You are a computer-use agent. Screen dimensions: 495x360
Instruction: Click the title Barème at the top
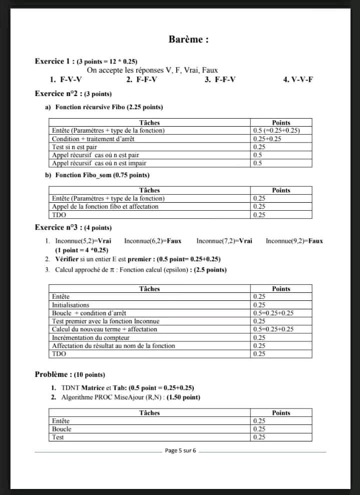(x=188, y=40)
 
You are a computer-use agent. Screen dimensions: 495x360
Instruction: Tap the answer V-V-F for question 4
(x=302, y=80)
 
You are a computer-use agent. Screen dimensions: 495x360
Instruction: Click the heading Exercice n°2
(x=54, y=94)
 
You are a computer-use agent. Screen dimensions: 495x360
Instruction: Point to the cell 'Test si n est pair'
(x=75, y=147)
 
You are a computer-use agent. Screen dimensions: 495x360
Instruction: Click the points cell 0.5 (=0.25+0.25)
(x=276, y=131)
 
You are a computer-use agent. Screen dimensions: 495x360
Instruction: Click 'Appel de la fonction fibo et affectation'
(x=105, y=206)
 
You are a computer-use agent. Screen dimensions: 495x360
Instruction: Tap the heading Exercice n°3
(x=54, y=227)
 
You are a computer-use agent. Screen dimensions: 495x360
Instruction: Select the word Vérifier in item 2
(x=68, y=259)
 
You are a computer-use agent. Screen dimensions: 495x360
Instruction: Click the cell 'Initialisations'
(x=71, y=305)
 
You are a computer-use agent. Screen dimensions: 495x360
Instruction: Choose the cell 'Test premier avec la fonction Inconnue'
(x=106, y=321)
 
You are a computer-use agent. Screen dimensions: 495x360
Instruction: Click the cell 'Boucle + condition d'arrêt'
(x=89, y=313)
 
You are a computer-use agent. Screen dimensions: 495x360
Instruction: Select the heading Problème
(x=52, y=374)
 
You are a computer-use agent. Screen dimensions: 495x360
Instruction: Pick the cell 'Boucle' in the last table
(x=62, y=429)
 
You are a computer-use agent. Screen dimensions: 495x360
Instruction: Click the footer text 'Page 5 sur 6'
(x=180, y=451)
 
